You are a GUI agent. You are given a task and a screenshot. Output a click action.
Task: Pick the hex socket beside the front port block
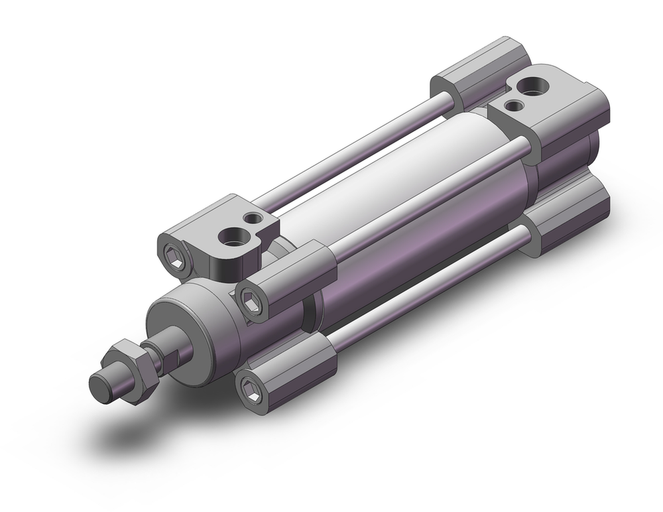tap(173, 252)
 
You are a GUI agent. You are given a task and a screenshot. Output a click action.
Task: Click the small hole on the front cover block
tap(251, 218)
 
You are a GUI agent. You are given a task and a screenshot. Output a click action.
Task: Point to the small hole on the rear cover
tap(512, 105)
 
